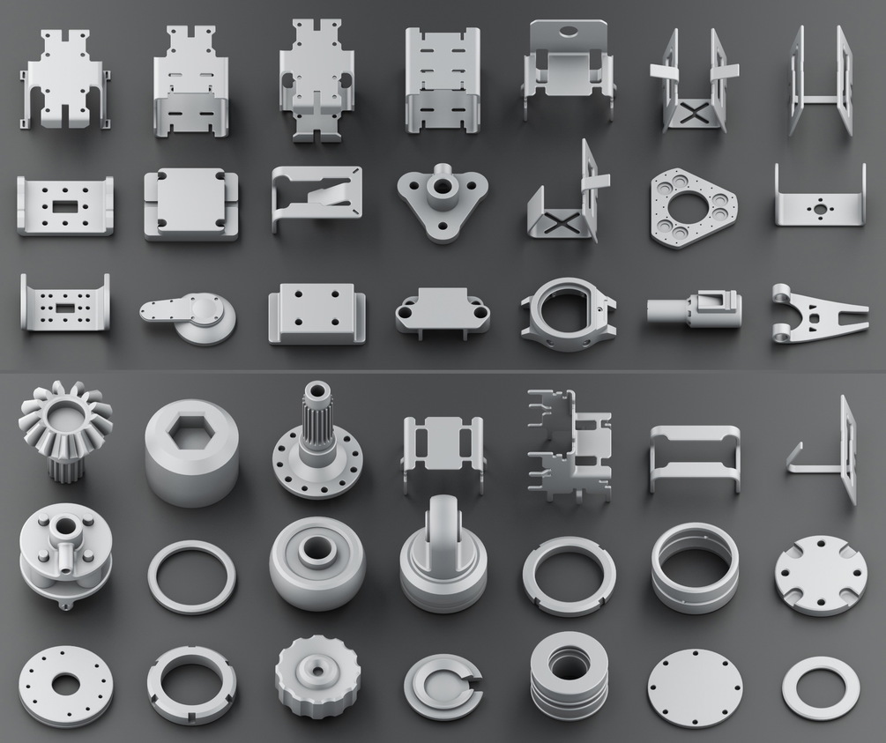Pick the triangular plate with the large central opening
[693, 207]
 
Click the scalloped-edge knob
[314, 679]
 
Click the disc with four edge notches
[820, 575]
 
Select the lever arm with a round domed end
[190, 315]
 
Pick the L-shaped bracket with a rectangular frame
[829, 450]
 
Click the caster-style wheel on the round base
[442, 551]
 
